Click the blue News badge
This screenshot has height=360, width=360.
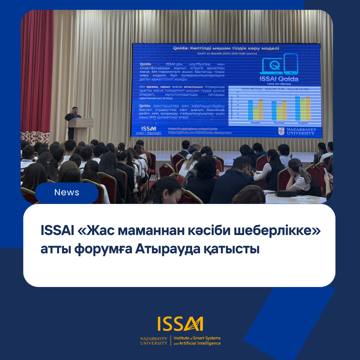(67, 193)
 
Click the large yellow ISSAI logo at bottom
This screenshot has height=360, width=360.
(180, 324)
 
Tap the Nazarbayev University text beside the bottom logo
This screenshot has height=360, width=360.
(154, 341)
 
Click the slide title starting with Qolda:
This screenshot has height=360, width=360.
(226, 48)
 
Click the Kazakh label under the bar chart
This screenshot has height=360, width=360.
(255, 123)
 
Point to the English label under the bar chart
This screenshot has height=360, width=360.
(303, 123)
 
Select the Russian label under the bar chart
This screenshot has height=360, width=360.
(279, 123)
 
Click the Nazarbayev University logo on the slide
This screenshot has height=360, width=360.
(296, 131)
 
